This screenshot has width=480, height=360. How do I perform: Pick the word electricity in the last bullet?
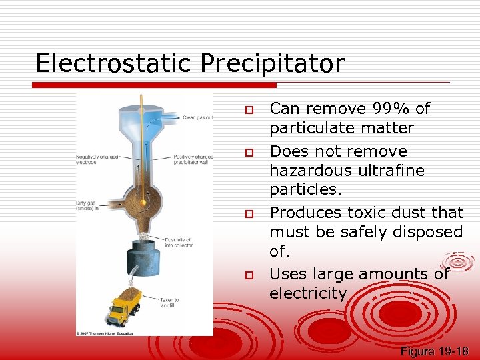click(308, 294)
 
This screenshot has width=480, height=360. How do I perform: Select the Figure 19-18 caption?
click(435, 351)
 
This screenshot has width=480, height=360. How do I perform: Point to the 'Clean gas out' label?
click(197, 118)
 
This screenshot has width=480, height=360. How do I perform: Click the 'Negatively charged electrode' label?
click(95, 160)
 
